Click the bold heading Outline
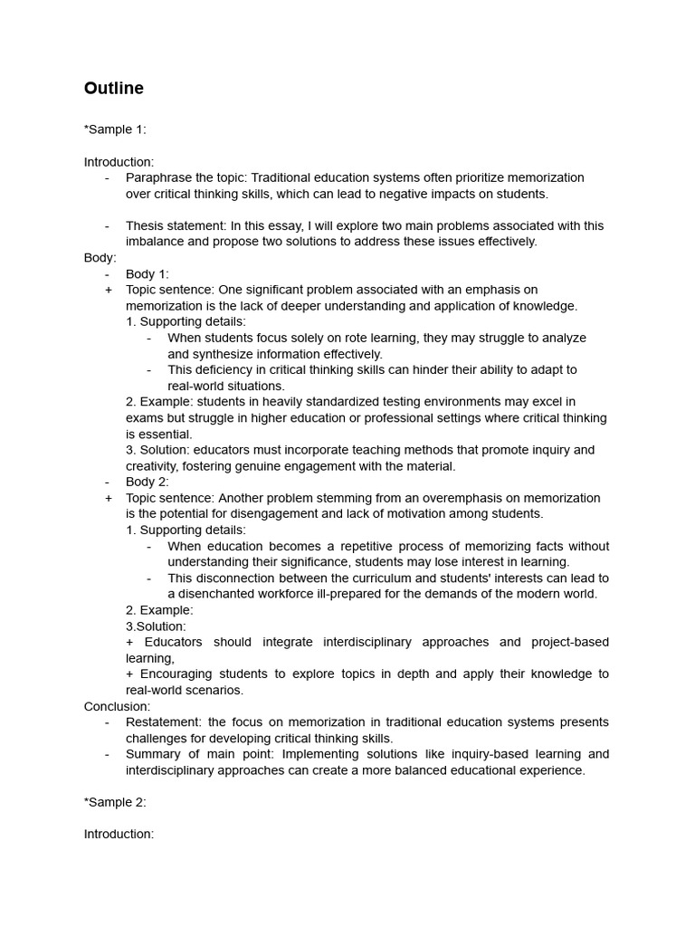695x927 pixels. click(113, 89)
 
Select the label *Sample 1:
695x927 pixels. click(115, 129)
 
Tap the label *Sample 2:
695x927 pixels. click(115, 802)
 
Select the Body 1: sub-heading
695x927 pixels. click(147, 273)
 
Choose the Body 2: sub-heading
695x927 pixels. click(147, 482)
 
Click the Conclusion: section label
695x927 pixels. click(118, 706)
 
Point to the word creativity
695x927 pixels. click(152, 466)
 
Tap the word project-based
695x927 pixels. click(570, 642)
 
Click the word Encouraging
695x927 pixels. click(182, 674)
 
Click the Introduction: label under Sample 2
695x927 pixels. click(119, 834)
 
